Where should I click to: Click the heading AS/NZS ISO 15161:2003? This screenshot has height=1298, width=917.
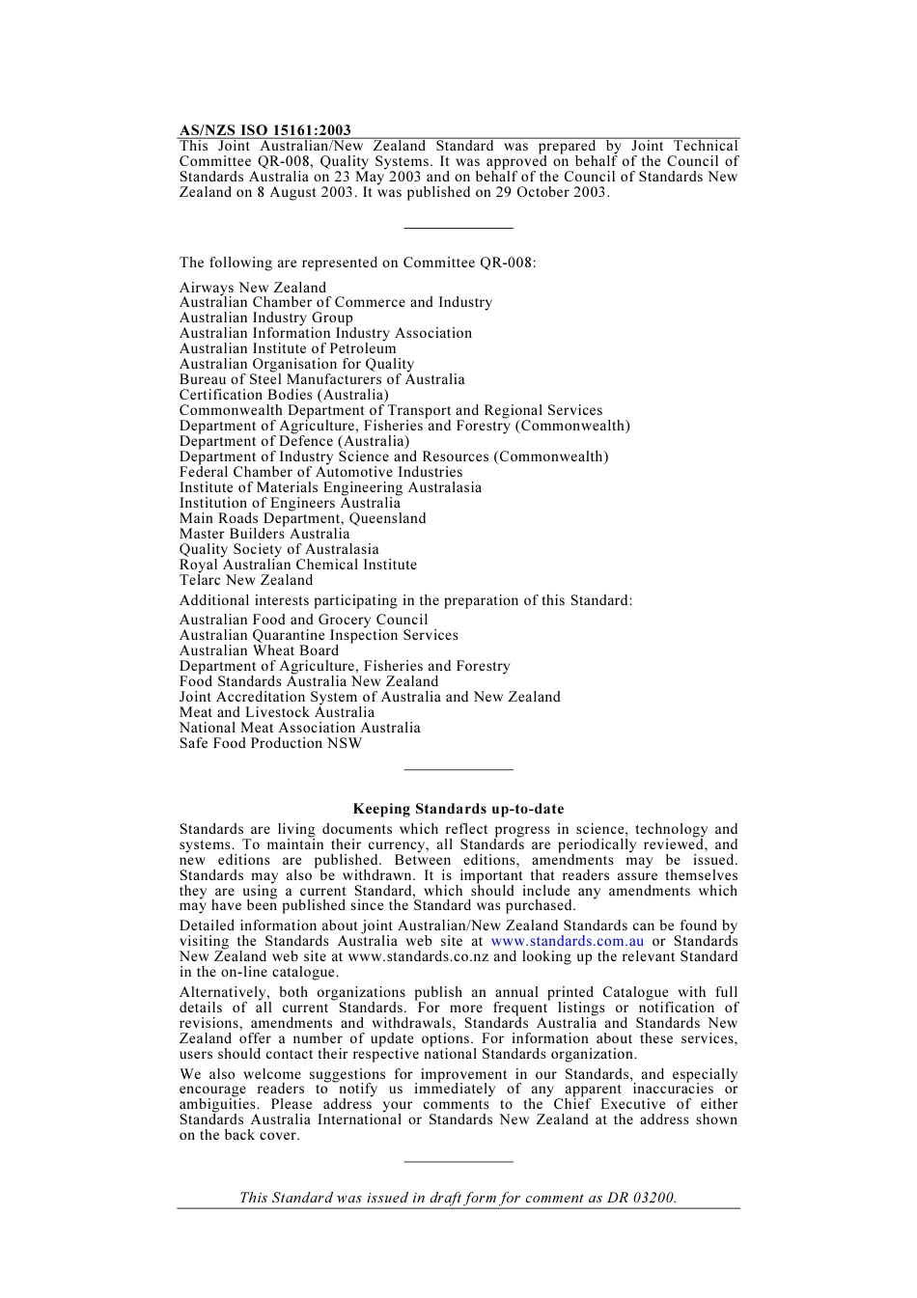264,130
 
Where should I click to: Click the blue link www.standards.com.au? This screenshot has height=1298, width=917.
567,941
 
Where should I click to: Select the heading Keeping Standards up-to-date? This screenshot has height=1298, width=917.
458,810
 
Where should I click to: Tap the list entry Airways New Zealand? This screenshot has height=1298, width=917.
253,288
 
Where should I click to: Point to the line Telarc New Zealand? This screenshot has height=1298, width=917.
246,580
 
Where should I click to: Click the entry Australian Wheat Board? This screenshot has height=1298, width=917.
259,650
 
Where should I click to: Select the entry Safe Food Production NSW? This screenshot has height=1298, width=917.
270,743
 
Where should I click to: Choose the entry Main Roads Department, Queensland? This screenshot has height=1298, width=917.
302,518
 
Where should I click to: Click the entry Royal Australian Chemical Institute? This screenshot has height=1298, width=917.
298,565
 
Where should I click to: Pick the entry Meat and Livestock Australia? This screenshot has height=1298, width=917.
277,712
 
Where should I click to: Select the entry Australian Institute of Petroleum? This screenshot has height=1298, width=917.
288,348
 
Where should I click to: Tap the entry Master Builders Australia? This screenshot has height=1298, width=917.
264,534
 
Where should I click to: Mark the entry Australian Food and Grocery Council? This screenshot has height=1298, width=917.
303,620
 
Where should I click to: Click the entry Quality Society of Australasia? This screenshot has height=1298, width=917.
279,549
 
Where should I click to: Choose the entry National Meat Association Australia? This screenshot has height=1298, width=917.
299,728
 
